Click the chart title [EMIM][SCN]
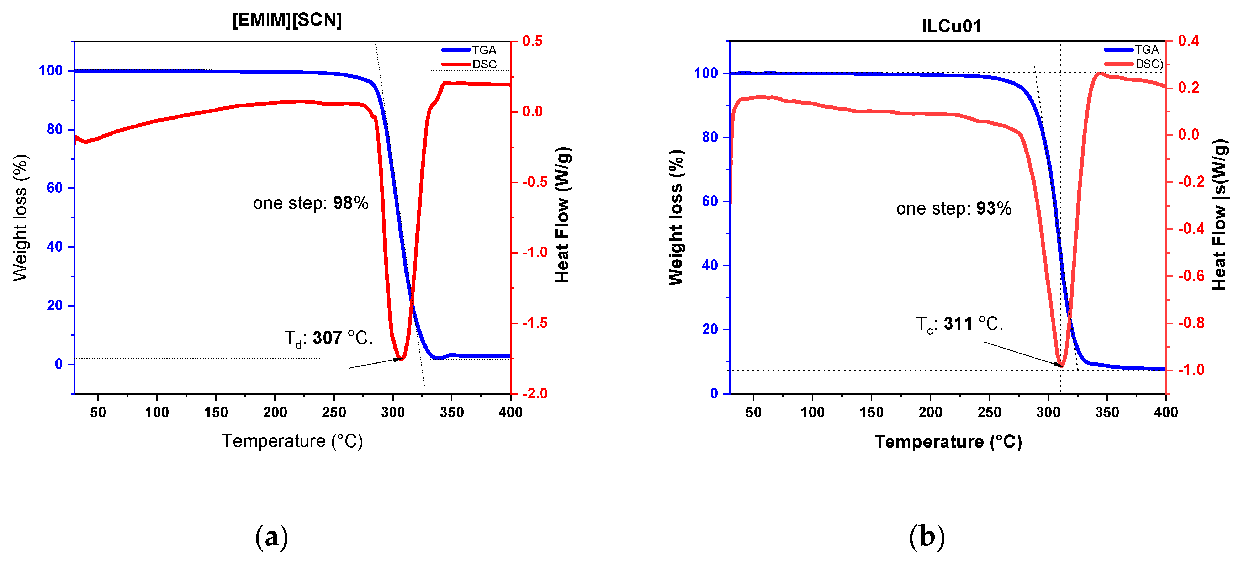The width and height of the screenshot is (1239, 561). click(287, 20)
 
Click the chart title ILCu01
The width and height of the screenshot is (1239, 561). click(951, 26)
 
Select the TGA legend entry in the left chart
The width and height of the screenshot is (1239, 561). click(483, 50)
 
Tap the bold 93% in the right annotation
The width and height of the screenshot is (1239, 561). click(994, 208)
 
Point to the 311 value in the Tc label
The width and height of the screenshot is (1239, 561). click(958, 323)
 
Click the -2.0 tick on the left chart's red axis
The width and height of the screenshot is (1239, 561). click(535, 393)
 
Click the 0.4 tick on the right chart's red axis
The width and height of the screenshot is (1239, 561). click(1188, 41)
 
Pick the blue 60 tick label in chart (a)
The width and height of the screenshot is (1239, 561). click(54, 188)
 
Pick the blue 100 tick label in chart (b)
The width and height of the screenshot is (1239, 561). click(706, 73)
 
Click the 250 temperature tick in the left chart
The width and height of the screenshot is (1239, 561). click(334, 412)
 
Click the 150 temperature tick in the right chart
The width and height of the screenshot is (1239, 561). click(871, 412)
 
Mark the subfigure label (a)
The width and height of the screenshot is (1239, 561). click(272, 536)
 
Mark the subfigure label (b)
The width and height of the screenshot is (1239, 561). click(927, 536)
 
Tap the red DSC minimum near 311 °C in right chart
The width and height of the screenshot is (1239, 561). click(1061, 366)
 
